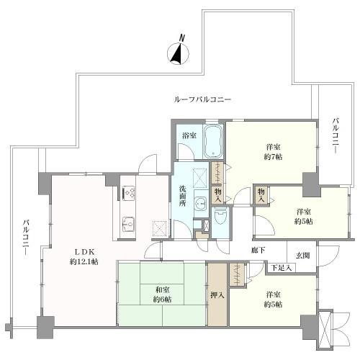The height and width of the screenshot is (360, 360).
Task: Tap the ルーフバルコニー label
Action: coord(202,99)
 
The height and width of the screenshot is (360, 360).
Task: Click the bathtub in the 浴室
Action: coord(213,141)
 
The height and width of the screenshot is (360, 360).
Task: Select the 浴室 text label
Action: coord(189,135)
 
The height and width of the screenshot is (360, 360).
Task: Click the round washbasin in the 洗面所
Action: coord(201,203)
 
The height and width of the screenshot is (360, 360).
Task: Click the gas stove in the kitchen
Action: coord(129,192)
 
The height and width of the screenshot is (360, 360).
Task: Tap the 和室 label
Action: coord(163,289)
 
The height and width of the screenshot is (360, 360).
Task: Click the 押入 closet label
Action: coord(216,294)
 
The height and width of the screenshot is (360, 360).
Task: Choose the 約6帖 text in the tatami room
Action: coord(163,300)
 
